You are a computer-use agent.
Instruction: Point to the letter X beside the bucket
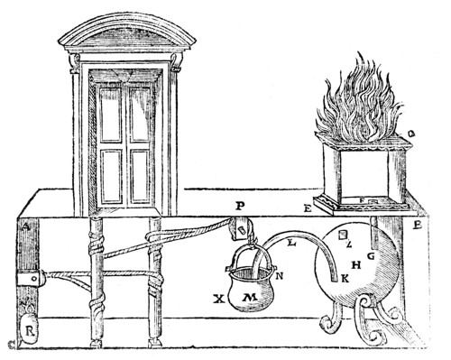(217, 297)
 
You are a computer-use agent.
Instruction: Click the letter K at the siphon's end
(343, 280)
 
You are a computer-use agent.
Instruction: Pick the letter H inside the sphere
(356, 264)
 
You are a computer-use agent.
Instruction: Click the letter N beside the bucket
(279, 275)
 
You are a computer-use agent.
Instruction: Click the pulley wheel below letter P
(243, 230)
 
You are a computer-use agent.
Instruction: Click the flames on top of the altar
(360, 104)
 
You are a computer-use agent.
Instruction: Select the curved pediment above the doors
(126, 36)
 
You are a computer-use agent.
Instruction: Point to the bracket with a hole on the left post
(34, 281)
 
